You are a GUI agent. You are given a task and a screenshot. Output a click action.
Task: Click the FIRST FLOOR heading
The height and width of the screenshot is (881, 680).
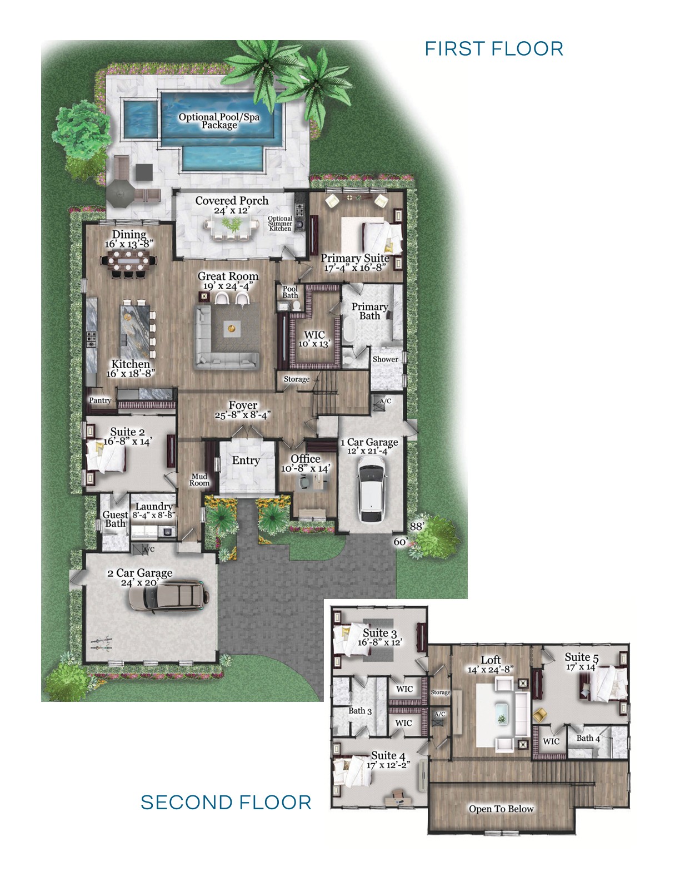click(494, 48)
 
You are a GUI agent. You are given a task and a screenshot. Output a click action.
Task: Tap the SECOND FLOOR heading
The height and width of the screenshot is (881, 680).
click(226, 803)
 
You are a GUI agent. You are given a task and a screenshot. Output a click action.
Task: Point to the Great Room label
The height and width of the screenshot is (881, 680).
click(228, 276)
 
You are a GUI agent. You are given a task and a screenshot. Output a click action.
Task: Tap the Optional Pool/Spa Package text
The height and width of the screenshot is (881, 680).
click(219, 121)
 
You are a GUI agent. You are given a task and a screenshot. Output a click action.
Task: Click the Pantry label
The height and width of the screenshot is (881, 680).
click(100, 400)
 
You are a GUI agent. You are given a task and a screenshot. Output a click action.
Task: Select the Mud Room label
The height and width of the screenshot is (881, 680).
click(199, 479)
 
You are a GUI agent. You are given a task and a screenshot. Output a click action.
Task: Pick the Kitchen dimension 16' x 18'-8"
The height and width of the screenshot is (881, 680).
click(131, 373)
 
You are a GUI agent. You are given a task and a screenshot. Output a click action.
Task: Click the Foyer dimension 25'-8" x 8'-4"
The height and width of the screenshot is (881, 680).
click(243, 415)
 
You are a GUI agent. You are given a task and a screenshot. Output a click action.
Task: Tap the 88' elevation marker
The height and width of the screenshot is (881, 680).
click(417, 526)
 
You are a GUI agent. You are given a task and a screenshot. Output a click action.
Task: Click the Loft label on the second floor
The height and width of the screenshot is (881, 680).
click(491, 660)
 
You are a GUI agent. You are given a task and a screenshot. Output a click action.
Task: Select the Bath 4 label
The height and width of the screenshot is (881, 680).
click(588, 738)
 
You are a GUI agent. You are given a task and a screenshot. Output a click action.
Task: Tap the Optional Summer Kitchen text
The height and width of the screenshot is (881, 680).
click(280, 224)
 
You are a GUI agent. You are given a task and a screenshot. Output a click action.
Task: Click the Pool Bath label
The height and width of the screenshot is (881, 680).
click(290, 292)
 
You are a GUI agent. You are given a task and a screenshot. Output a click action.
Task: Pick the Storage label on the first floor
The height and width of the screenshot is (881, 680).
click(297, 379)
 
